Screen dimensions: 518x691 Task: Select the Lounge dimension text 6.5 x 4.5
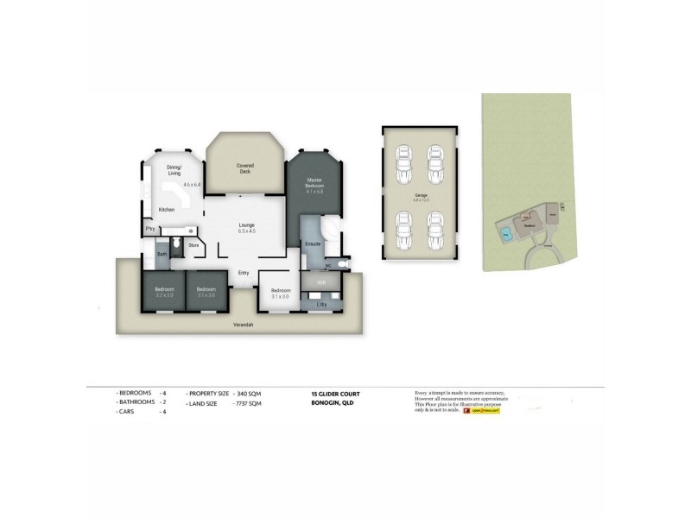pyautogui.click(x=247, y=231)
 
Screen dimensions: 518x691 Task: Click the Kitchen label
pyautogui.click(x=167, y=210)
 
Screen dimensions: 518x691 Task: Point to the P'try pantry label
pyautogui.click(x=149, y=229)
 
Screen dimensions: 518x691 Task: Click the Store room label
pyautogui.click(x=193, y=245)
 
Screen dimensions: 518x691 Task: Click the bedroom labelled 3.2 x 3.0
pyautogui.click(x=164, y=292)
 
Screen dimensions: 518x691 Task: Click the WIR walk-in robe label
pyautogui.click(x=320, y=282)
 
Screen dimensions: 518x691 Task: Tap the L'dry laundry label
pyautogui.click(x=321, y=305)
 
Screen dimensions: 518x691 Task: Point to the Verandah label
pyautogui.click(x=243, y=325)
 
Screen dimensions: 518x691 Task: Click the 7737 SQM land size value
pyautogui.click(x=248, y=402)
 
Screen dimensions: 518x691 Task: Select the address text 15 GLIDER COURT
pyautogui.click(x=335, y=394)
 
